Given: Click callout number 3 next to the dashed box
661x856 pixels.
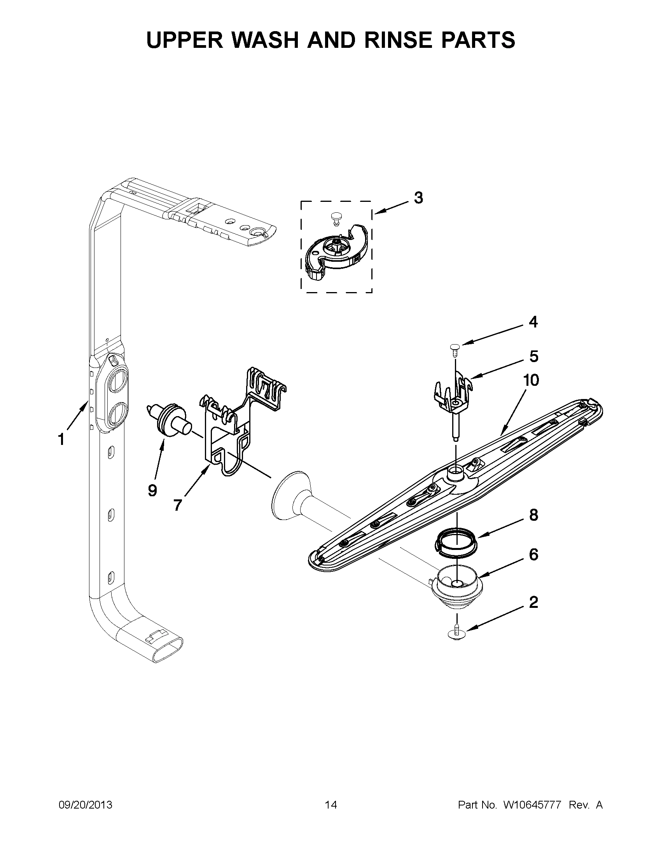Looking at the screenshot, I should [418, 198].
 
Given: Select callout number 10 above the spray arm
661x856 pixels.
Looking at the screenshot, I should [531, 380].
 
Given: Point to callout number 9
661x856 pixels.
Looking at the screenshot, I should [152, 490].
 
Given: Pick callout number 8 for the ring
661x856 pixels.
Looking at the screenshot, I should [533, 515].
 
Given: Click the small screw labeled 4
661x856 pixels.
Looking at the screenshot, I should [455, 348].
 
